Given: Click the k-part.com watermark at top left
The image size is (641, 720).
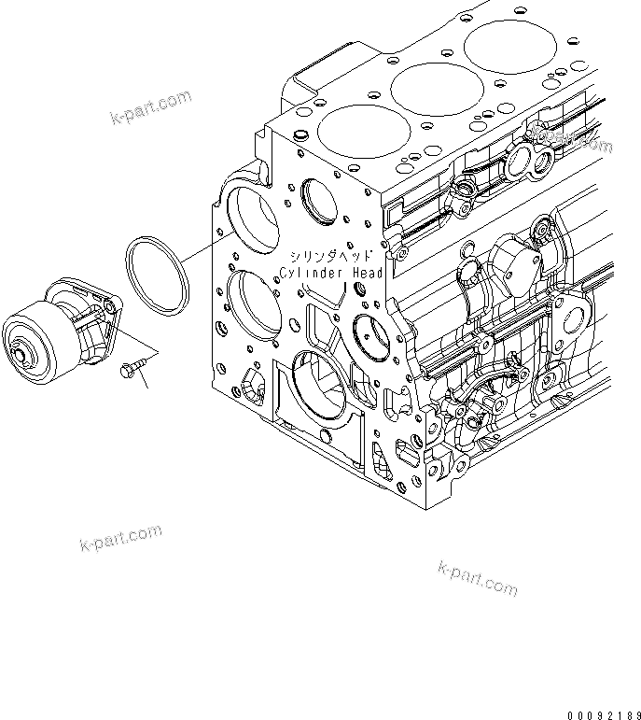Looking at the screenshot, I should (149, 107).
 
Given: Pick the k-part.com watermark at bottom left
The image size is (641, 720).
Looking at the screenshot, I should (119, 541).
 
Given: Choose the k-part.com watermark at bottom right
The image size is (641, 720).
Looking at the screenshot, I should (477, 578).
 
